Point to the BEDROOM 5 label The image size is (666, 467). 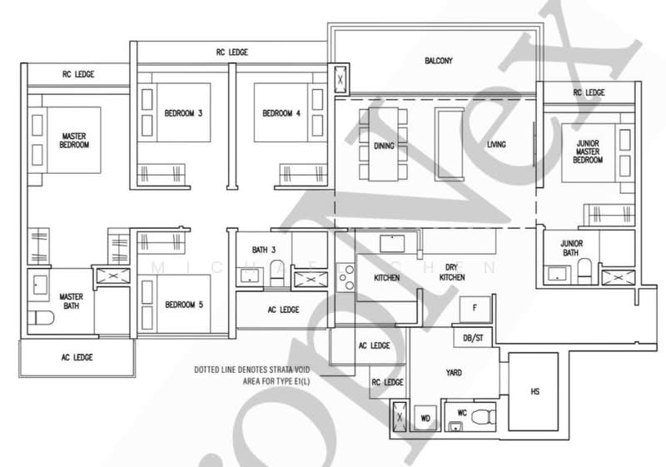(x=184, y=305)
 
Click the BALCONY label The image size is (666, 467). (x=438, y=62)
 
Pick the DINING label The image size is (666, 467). (x=384, y=145)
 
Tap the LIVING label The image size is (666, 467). (x=496, y=145)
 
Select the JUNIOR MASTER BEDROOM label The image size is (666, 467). (x=589, y=151)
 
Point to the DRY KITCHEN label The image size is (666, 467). (x=453, y=272)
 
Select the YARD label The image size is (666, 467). (x=454, y=373)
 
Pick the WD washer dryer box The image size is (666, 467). (x=425, y=417)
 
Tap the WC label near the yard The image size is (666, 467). (x=462, y=412)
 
